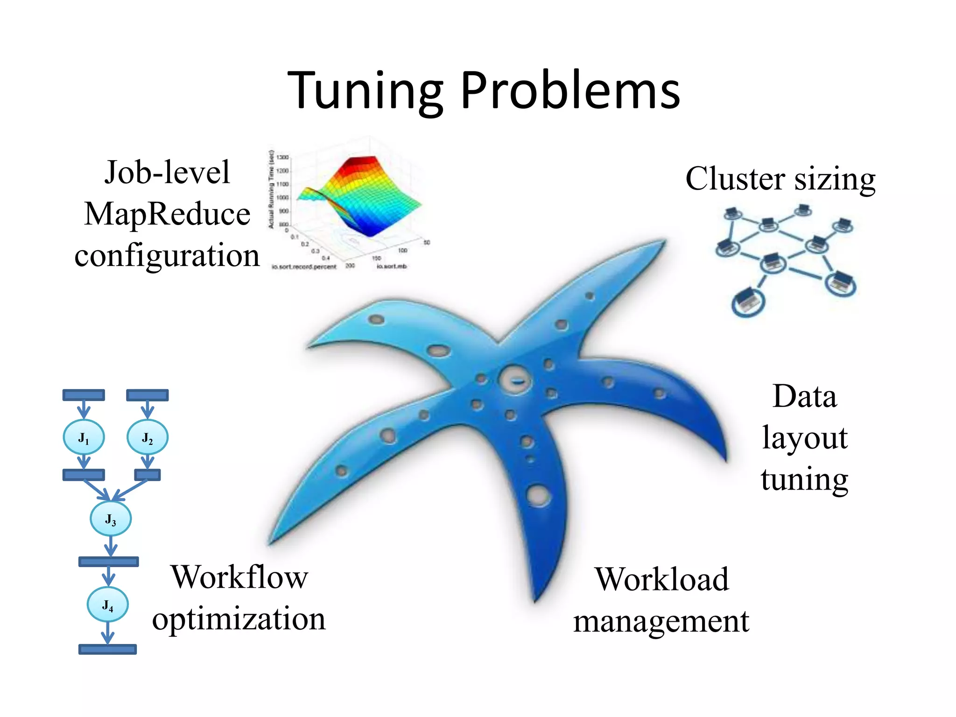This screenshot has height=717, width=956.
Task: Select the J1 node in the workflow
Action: click(x=84, y=437)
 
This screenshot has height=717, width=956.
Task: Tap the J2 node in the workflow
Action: click(x=148, y=437)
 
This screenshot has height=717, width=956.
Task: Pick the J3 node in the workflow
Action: click(x=111, y=519)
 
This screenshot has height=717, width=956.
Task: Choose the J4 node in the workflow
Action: click(x=108, y=605)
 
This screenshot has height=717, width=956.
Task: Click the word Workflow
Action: click(x=239, y=577)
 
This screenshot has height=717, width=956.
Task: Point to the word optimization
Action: click(x=239, y=619)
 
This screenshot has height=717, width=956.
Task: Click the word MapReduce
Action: click(x=167, y=214)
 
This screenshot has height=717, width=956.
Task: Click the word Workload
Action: click(x=661, y=579)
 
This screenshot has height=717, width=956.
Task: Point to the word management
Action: click(x=661, y=622)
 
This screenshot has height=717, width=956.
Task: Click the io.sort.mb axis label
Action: click(x=392, y=267)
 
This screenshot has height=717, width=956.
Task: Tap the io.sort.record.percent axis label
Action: click(x=304, y=267)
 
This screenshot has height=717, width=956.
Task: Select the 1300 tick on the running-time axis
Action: click(x=283, y=157)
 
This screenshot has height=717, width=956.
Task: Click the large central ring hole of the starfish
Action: click(x=515, y=380)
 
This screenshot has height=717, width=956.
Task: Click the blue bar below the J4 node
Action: click(x=107, y=649)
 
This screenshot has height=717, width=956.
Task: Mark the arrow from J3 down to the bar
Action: click(x=111, y=546)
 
